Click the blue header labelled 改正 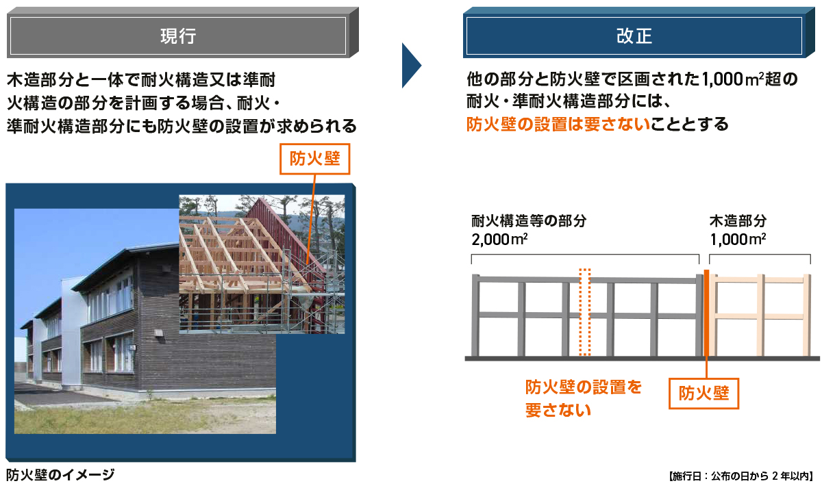pyautogui.click(x=634, y=36)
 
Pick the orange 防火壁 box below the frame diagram pyautogui.click(x=703, y=393)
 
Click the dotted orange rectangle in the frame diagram pyautogui.click(x=584, y=312)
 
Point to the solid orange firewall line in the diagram pyautogui.click(x=706, y=315)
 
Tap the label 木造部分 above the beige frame pyautogui.click(x=738, y=221)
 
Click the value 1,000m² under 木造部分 pyautogui.click(x=738, y=240)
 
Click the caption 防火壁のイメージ pyautogui.click(x=60, y=474)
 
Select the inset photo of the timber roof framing pyautogui.click(x=261, y=263)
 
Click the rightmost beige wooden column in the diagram pyautogui.click(x=806, y=315)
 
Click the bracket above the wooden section pyautogui.click(x=760, y=257)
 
